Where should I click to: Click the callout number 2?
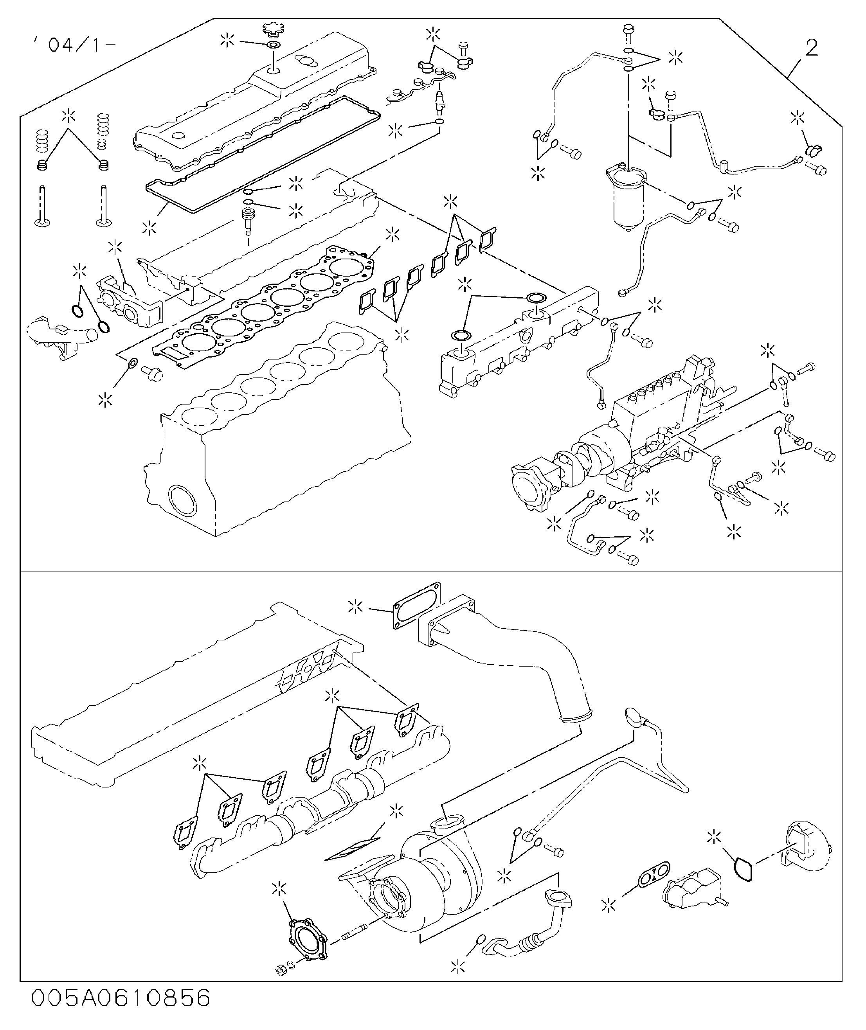click(812, 49)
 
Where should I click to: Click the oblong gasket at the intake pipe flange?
click(416, 606)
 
